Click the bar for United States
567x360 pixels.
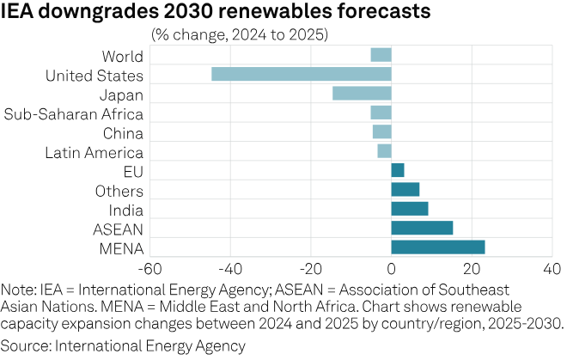coord(302,74)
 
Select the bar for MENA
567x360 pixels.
coord(438,247)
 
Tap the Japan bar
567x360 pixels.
coord(362,93)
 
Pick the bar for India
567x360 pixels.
coord(410,209)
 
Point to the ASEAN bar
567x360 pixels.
coord(422,228)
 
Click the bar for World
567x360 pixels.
coord(381,55)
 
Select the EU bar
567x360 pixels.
coord(398,170)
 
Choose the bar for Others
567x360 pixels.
coord(405,189)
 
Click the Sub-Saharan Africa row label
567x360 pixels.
coord(74,113)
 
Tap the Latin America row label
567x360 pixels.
coord(94,152)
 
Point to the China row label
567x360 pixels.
coord(122,132)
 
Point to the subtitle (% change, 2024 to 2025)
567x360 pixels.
coord(240,35)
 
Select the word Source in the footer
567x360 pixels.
coord(25,346)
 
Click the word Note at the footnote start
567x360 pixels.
coord(18,290)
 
